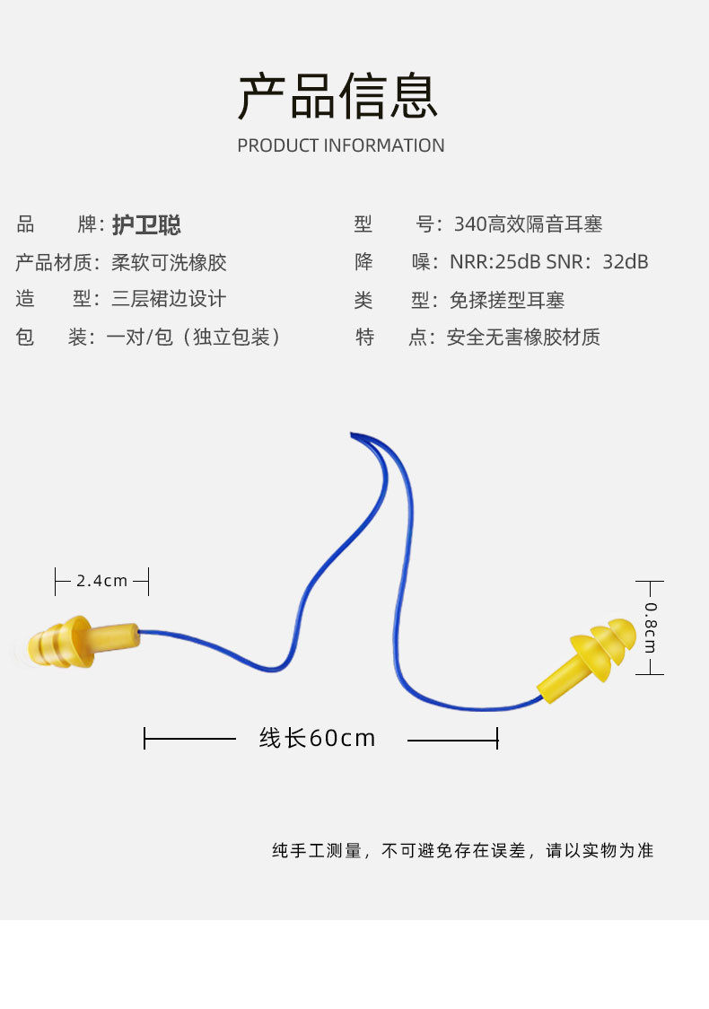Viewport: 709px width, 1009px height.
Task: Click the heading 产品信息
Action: (x=338, y=96)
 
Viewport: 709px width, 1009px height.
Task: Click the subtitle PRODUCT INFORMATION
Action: (x=340, y=145)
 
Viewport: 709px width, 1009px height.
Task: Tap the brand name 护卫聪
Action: (x=146, y=224)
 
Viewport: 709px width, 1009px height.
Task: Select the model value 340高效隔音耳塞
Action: (x=528, y=224)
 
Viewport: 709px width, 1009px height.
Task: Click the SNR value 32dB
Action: (x=626, y=262)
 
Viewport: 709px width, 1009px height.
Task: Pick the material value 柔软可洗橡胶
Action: (x=169, y=262)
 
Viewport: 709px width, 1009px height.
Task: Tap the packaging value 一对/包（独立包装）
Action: (x=194, y=337)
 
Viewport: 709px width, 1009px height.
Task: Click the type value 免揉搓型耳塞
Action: (x=506, y=300)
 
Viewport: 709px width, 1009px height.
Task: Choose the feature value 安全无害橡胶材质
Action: (x=523, y=338)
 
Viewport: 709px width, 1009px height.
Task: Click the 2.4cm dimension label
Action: (x=101, y=581)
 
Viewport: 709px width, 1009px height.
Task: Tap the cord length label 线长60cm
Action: (x=317, y=738)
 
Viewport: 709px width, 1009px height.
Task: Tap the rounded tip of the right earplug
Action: (x=622, y=631)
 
